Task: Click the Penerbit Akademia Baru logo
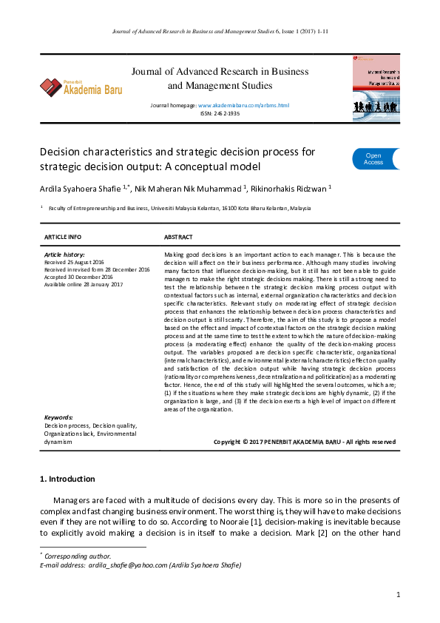coord(81,88)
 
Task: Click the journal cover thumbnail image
coord(376,85)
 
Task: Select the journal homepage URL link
coord(243,106)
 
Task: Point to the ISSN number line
coord(220,115)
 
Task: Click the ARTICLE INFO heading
coord(63,237)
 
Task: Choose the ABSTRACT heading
coord(178,237)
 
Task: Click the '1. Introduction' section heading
coord(67,479)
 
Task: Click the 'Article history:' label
coord(64,255)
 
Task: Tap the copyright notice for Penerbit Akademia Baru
coord(304,442)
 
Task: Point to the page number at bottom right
coord(398,595)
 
